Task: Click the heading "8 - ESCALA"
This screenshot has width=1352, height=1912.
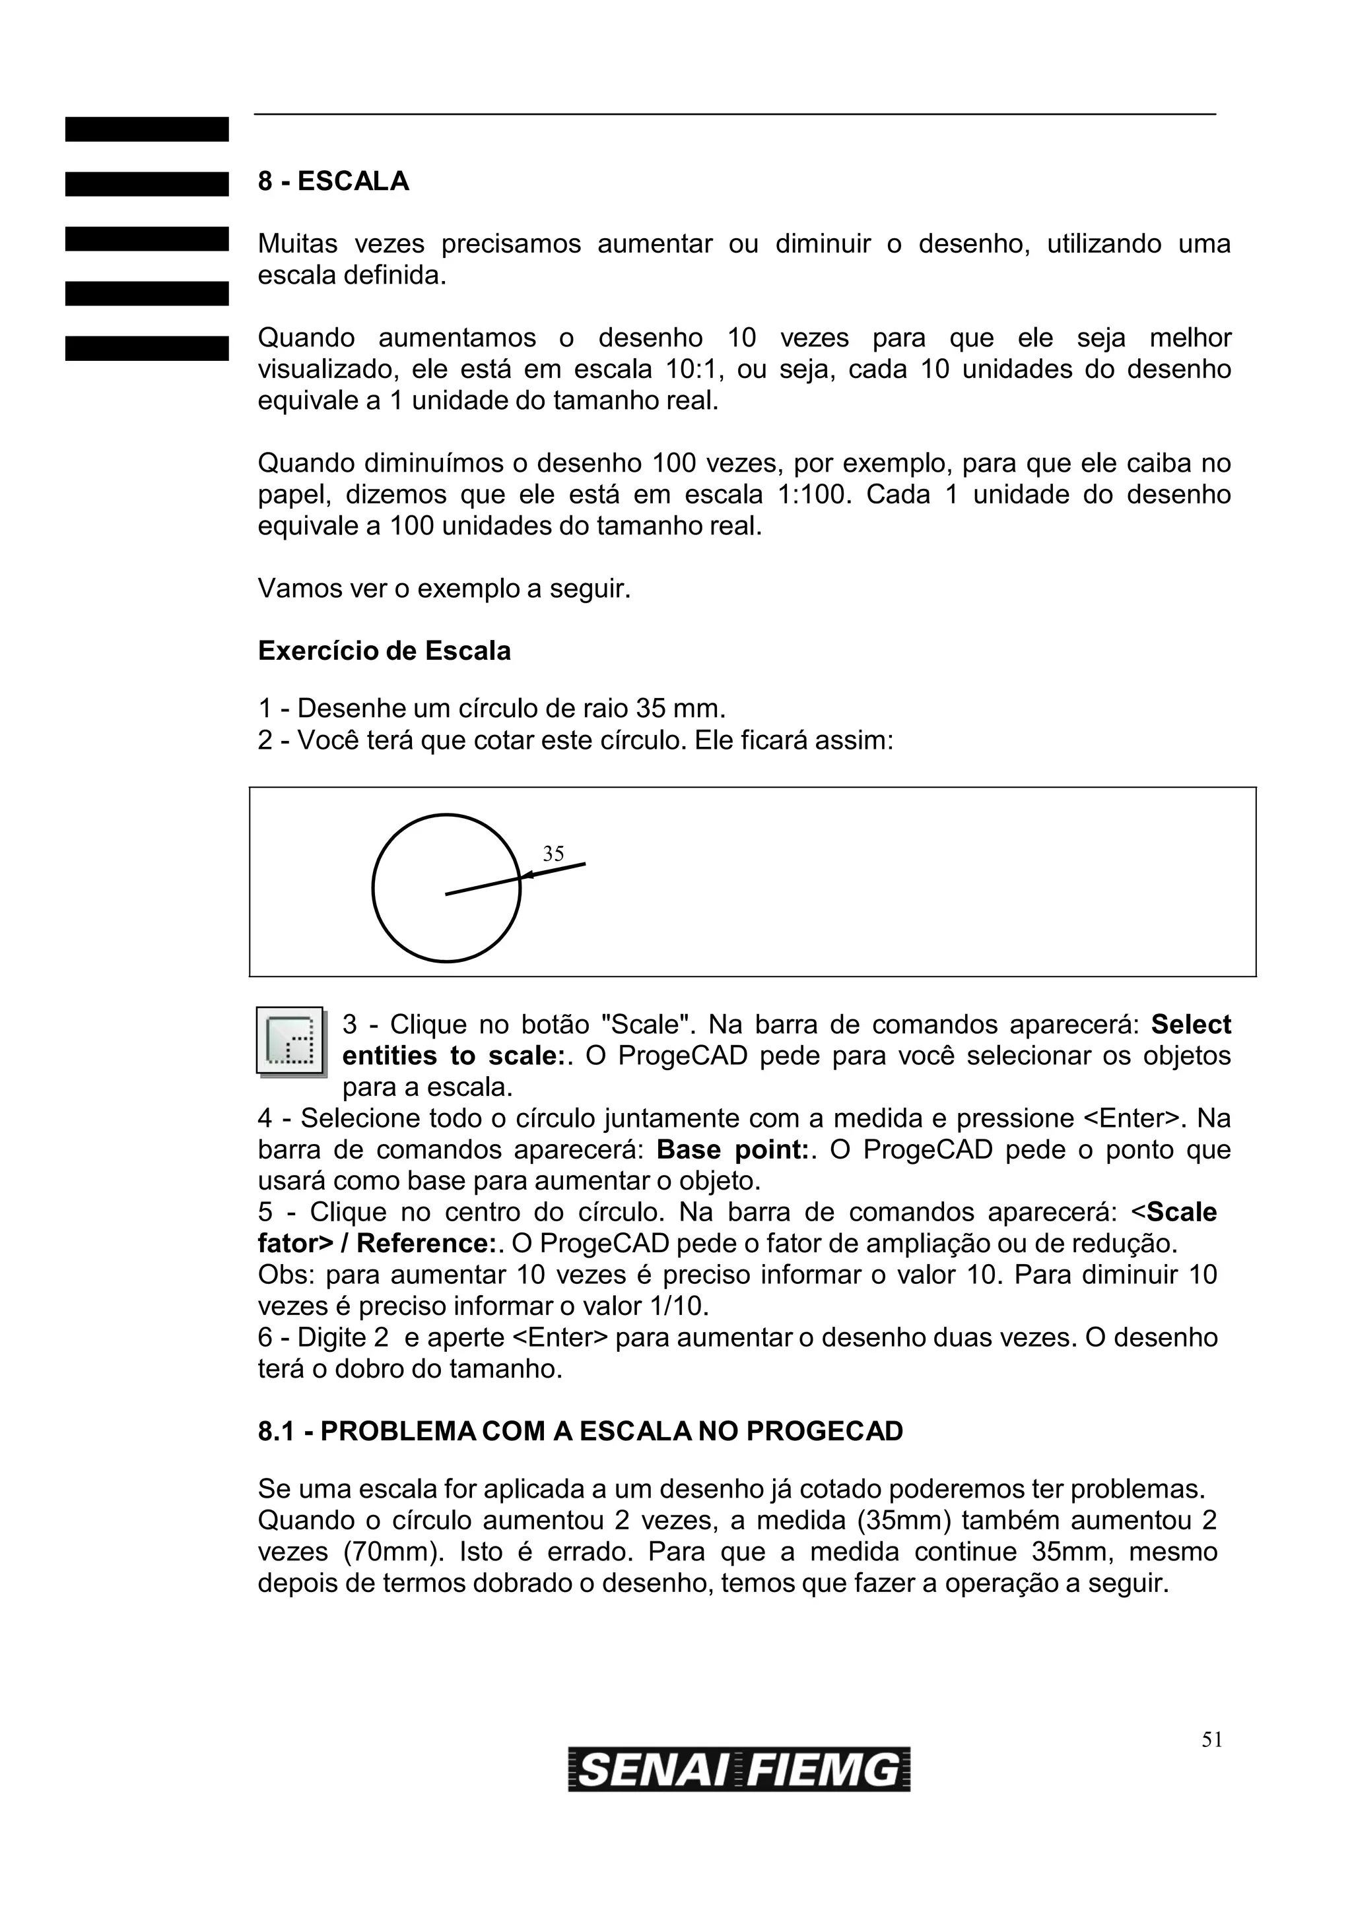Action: (333, 181)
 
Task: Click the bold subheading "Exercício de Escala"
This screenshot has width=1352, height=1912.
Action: (384, 651)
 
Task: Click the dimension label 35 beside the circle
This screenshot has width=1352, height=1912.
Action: (553, 854)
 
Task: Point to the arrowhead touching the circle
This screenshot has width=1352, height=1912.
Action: (526, 874)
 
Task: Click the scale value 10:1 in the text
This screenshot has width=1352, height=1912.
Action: (693, 369)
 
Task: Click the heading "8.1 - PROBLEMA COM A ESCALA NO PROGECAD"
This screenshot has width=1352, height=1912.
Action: (581, 1432)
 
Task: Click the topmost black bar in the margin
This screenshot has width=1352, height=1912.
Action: (147, 129)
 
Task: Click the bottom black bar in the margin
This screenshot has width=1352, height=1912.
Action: (147, 348)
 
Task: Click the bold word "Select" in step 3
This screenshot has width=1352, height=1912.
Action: (1190, 1024)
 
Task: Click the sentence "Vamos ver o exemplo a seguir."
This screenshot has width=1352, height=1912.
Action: (444, 589)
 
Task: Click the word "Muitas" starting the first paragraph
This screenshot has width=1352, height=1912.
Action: (297, 244)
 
